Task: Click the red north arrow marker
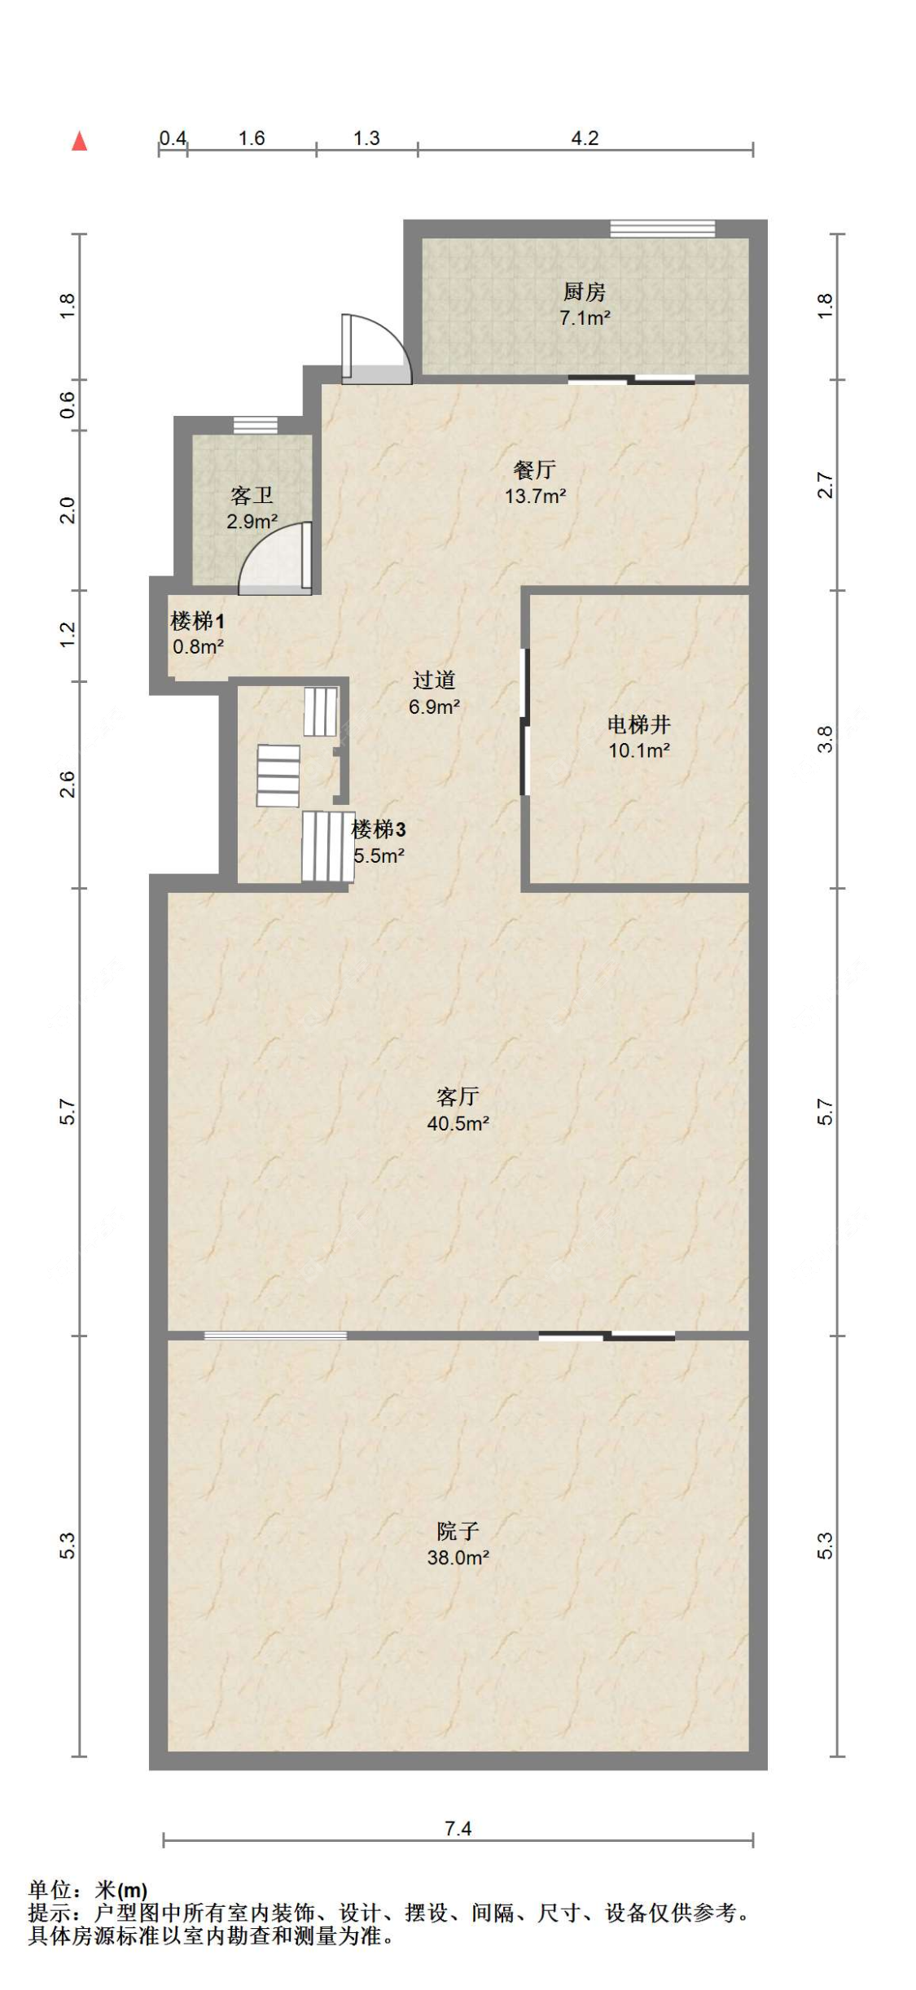tap(79, 142)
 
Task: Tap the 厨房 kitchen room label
tap(584, 291)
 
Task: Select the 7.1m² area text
tap(584, 318)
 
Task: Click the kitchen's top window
tap(662, 229)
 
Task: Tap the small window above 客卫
tap(255, 425)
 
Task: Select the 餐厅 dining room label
tap(534, 470)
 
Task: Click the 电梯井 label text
tap(638, 724)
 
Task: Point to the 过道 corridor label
tap(433, 680)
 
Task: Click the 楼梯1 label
tap(197, 621)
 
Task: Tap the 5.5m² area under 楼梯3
tap(379, 855)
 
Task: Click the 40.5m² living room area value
tap(458, 1123)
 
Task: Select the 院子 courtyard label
tap(457, 1531)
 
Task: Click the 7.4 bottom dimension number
tap(458, 1828)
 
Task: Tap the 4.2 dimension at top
tap(584, 138)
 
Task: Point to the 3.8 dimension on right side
tap(824, 739)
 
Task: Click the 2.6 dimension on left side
tap(68, 784)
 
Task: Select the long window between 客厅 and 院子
tap(274, 1335)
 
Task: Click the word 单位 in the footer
tap(50, 1889)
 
